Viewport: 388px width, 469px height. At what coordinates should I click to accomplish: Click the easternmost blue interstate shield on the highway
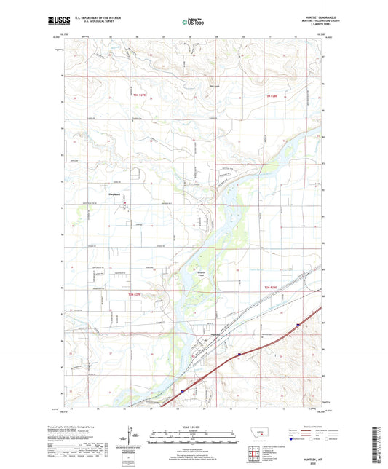[298, 326]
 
